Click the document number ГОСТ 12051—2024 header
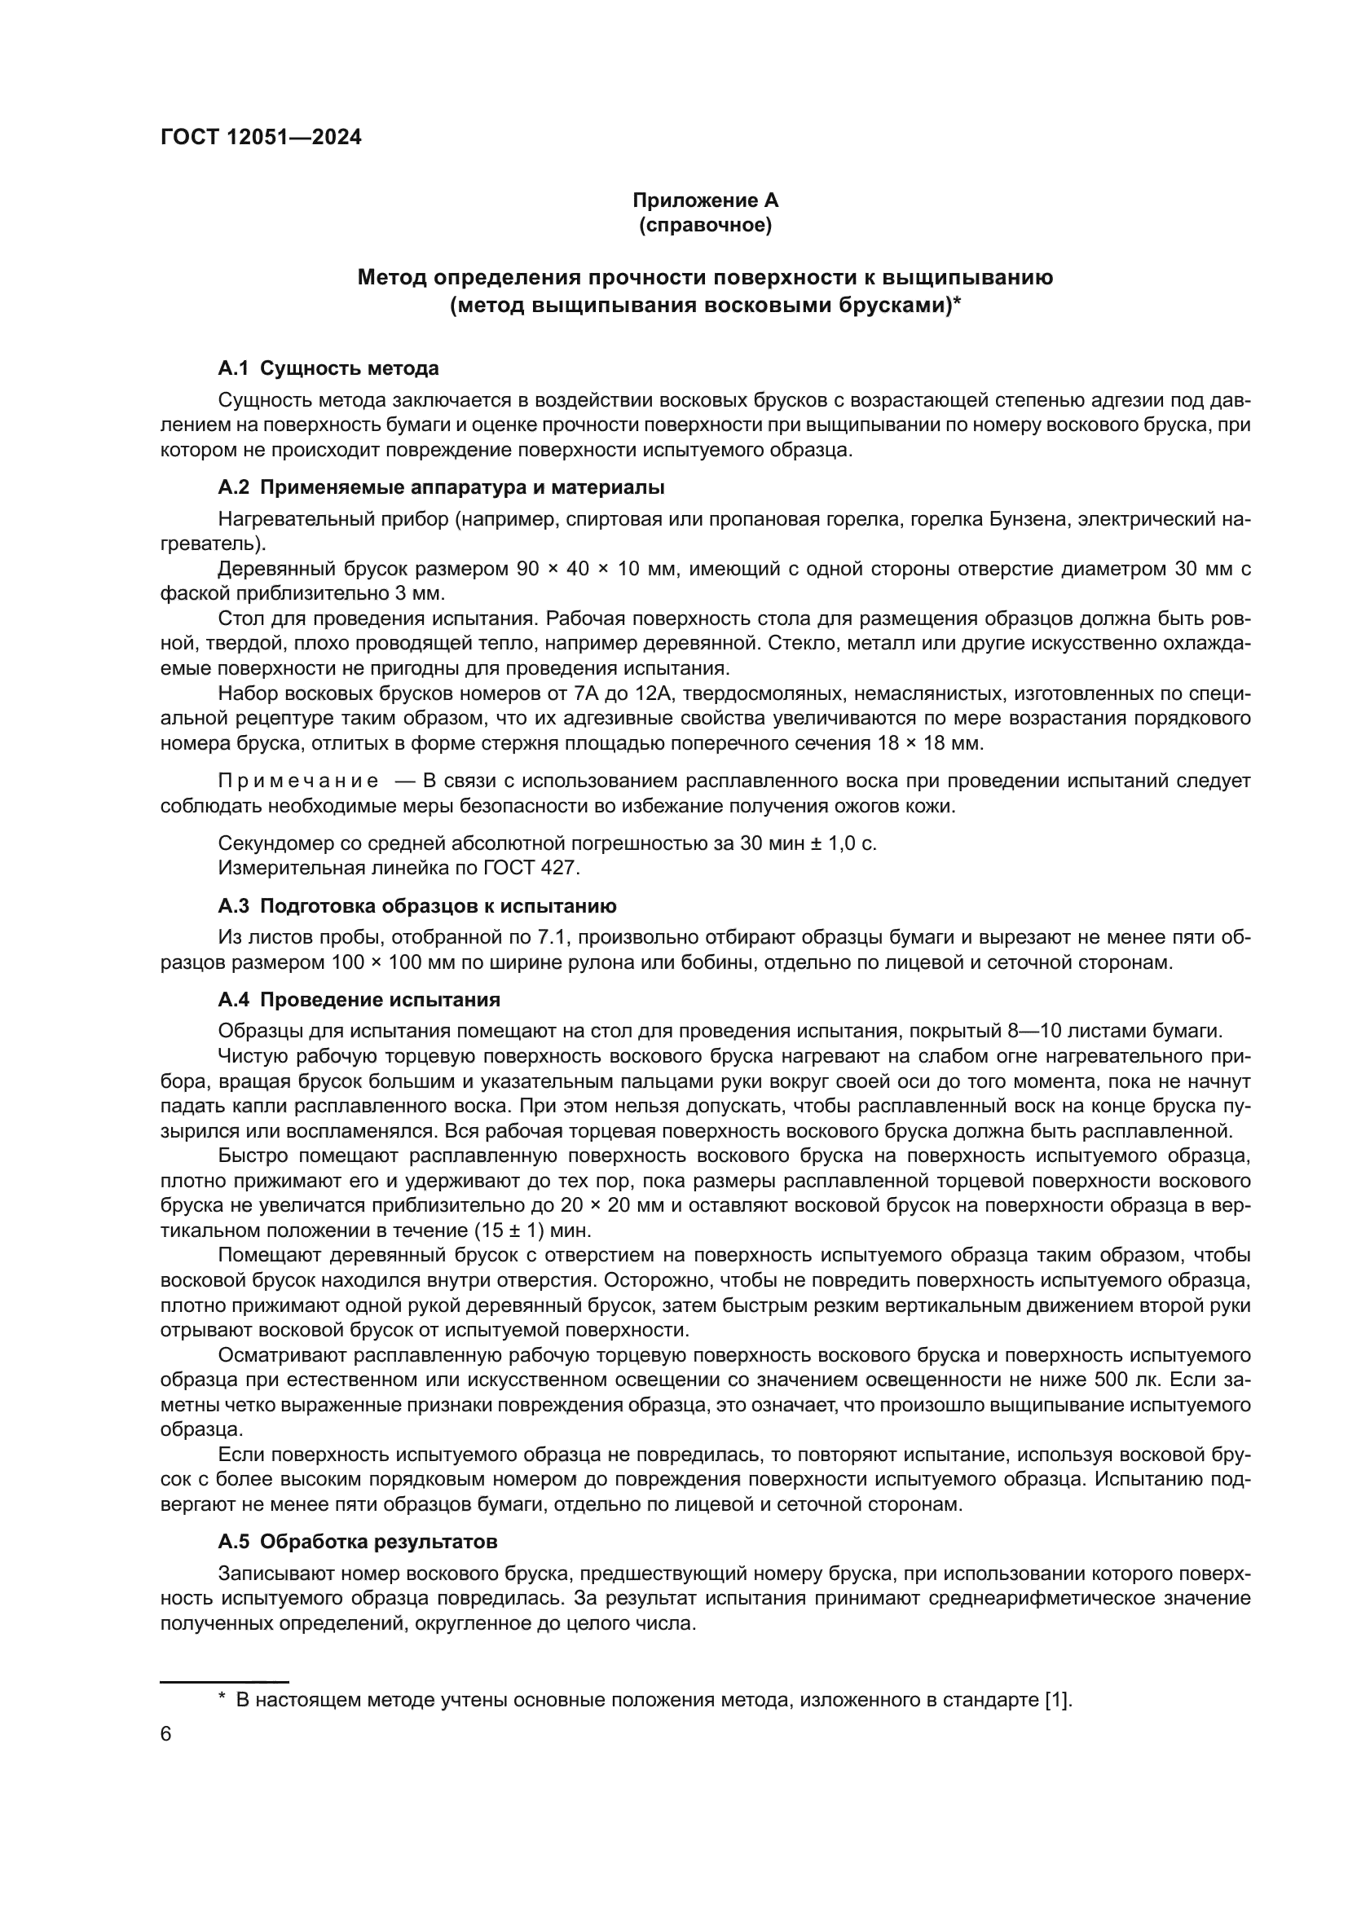[x=261, y=137]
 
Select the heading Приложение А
[x=705, y=200]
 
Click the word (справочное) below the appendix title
[x=705, y=225]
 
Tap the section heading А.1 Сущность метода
[x=328, y=368]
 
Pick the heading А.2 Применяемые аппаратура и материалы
[x=441, y=486]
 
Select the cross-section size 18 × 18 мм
[x=930, y=743]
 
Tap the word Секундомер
[x=275, y=843]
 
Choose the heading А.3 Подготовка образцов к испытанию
[x=416, y=905]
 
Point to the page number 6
[x=166, y=1734]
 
